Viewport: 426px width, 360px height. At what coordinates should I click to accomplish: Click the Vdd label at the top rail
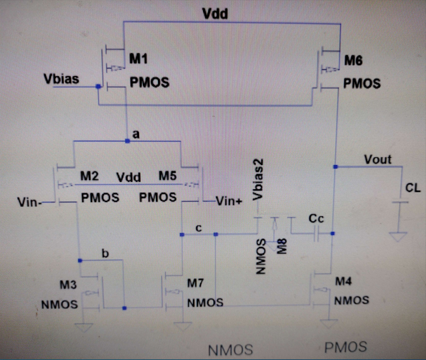(x=215, y=13)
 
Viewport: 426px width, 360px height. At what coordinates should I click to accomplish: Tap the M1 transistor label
(x=139, y=59)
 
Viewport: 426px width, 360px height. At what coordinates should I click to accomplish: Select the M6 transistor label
(x=354, y=60)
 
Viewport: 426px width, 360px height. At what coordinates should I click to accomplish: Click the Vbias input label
(x=61, y=79)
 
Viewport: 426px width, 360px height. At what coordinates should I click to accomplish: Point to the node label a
(x=136, y=135)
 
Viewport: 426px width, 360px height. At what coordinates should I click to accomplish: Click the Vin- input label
(x=30, y=203)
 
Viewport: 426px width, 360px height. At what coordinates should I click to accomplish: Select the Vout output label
(x=378, y=159)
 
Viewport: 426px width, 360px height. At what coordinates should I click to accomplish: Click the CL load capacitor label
(x=413, y=188)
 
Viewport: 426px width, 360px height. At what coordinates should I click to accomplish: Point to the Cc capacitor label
(x=316, y=219)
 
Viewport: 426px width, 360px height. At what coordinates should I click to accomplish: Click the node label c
(x=199, y=228)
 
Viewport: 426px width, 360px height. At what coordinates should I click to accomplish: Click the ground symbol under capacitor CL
(x=396, y=237)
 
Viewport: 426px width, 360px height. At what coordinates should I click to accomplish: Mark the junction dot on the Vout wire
(x=336, y=166)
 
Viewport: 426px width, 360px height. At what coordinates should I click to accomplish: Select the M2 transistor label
(x=90, y=177)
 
